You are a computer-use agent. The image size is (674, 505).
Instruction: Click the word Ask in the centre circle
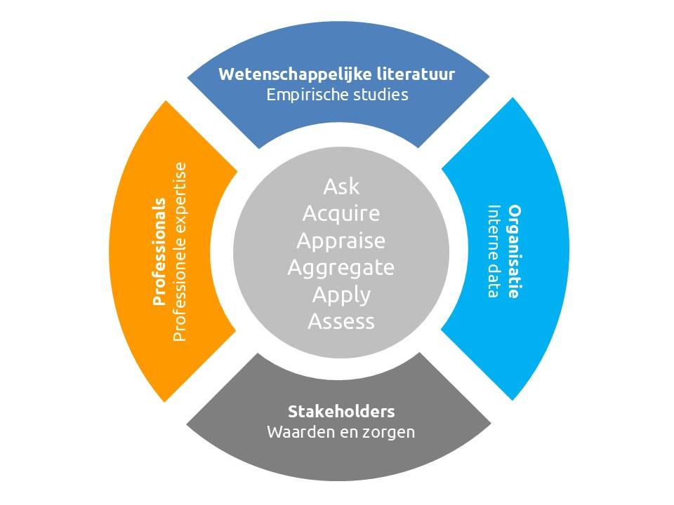click(x=341, y=187)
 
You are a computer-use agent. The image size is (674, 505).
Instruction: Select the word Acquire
click(x=341, y=213)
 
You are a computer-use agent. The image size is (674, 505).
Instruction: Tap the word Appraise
click(x=341, y=241)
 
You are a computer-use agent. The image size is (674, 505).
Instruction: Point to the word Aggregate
click(x=341, y=267)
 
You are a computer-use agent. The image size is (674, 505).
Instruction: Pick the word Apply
click(x=341, y=295)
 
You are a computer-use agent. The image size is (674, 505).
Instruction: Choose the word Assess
click(x=341, y=321)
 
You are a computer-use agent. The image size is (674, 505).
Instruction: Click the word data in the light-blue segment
click(x=494, y=280)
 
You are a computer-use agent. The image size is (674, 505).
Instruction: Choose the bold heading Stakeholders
click(x=341, y=411)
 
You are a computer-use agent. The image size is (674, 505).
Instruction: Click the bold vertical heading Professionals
click(x=159, y=252)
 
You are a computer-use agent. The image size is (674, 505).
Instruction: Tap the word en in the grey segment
click(x=342, y=432)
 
